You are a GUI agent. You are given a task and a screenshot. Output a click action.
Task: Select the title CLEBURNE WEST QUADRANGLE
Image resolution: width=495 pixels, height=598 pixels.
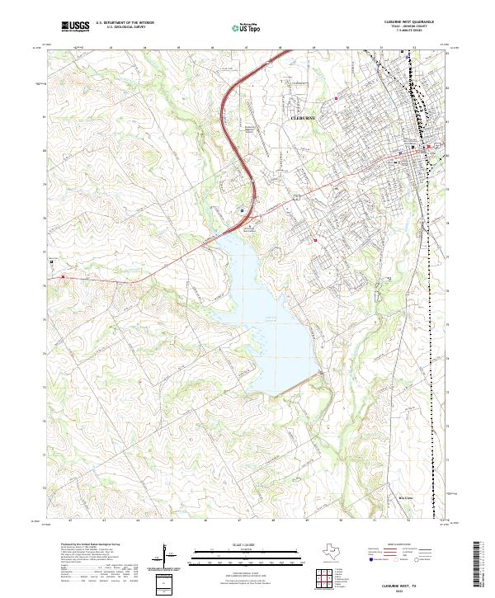397,22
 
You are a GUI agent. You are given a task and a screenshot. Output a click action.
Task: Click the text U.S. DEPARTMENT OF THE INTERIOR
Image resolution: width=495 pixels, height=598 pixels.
125,22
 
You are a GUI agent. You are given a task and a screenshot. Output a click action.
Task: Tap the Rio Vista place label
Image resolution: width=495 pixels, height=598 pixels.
406,497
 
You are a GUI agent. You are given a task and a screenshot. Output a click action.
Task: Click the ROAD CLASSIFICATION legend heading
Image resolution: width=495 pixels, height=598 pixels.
399,546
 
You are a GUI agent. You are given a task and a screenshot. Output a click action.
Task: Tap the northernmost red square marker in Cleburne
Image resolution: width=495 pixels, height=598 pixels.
337,100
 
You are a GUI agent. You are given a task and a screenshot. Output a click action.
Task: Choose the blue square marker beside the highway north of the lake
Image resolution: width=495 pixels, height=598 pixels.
241,210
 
